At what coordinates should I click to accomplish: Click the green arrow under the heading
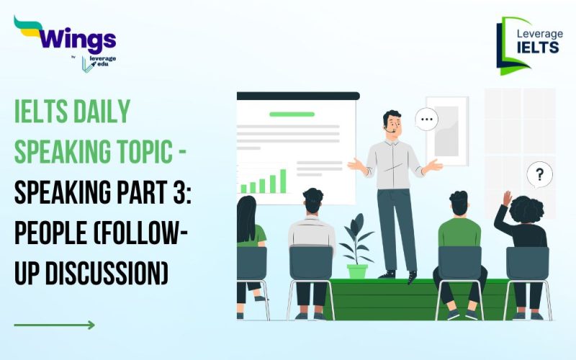click(x=54, y=325)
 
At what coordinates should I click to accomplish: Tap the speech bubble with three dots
click(x=427, y=119)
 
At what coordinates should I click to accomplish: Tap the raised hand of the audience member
click(x=507, y=198)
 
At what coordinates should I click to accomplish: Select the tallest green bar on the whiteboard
click(x=283, y=181)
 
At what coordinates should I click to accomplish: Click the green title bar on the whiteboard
click(x=292, y=114)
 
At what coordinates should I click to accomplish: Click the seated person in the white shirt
click(x=312, y=230)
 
